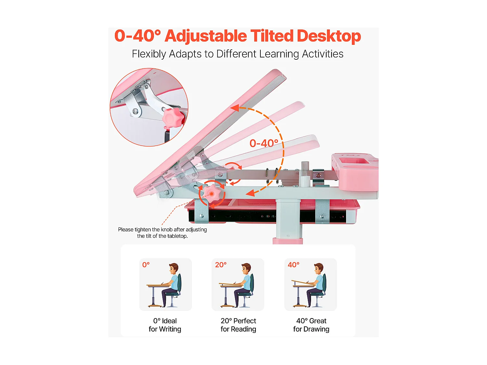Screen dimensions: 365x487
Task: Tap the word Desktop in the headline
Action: [x=329, y=36]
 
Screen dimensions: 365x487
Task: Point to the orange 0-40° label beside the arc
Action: [x=264, y=143]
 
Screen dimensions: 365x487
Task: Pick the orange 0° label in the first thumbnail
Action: [x=146, y=265]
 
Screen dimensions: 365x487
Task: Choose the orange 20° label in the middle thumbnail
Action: [x=221, y=265]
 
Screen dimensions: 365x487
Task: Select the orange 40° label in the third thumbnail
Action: [x=293, y=265]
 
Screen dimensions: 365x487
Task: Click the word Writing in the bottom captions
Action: [x=170, y=329]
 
